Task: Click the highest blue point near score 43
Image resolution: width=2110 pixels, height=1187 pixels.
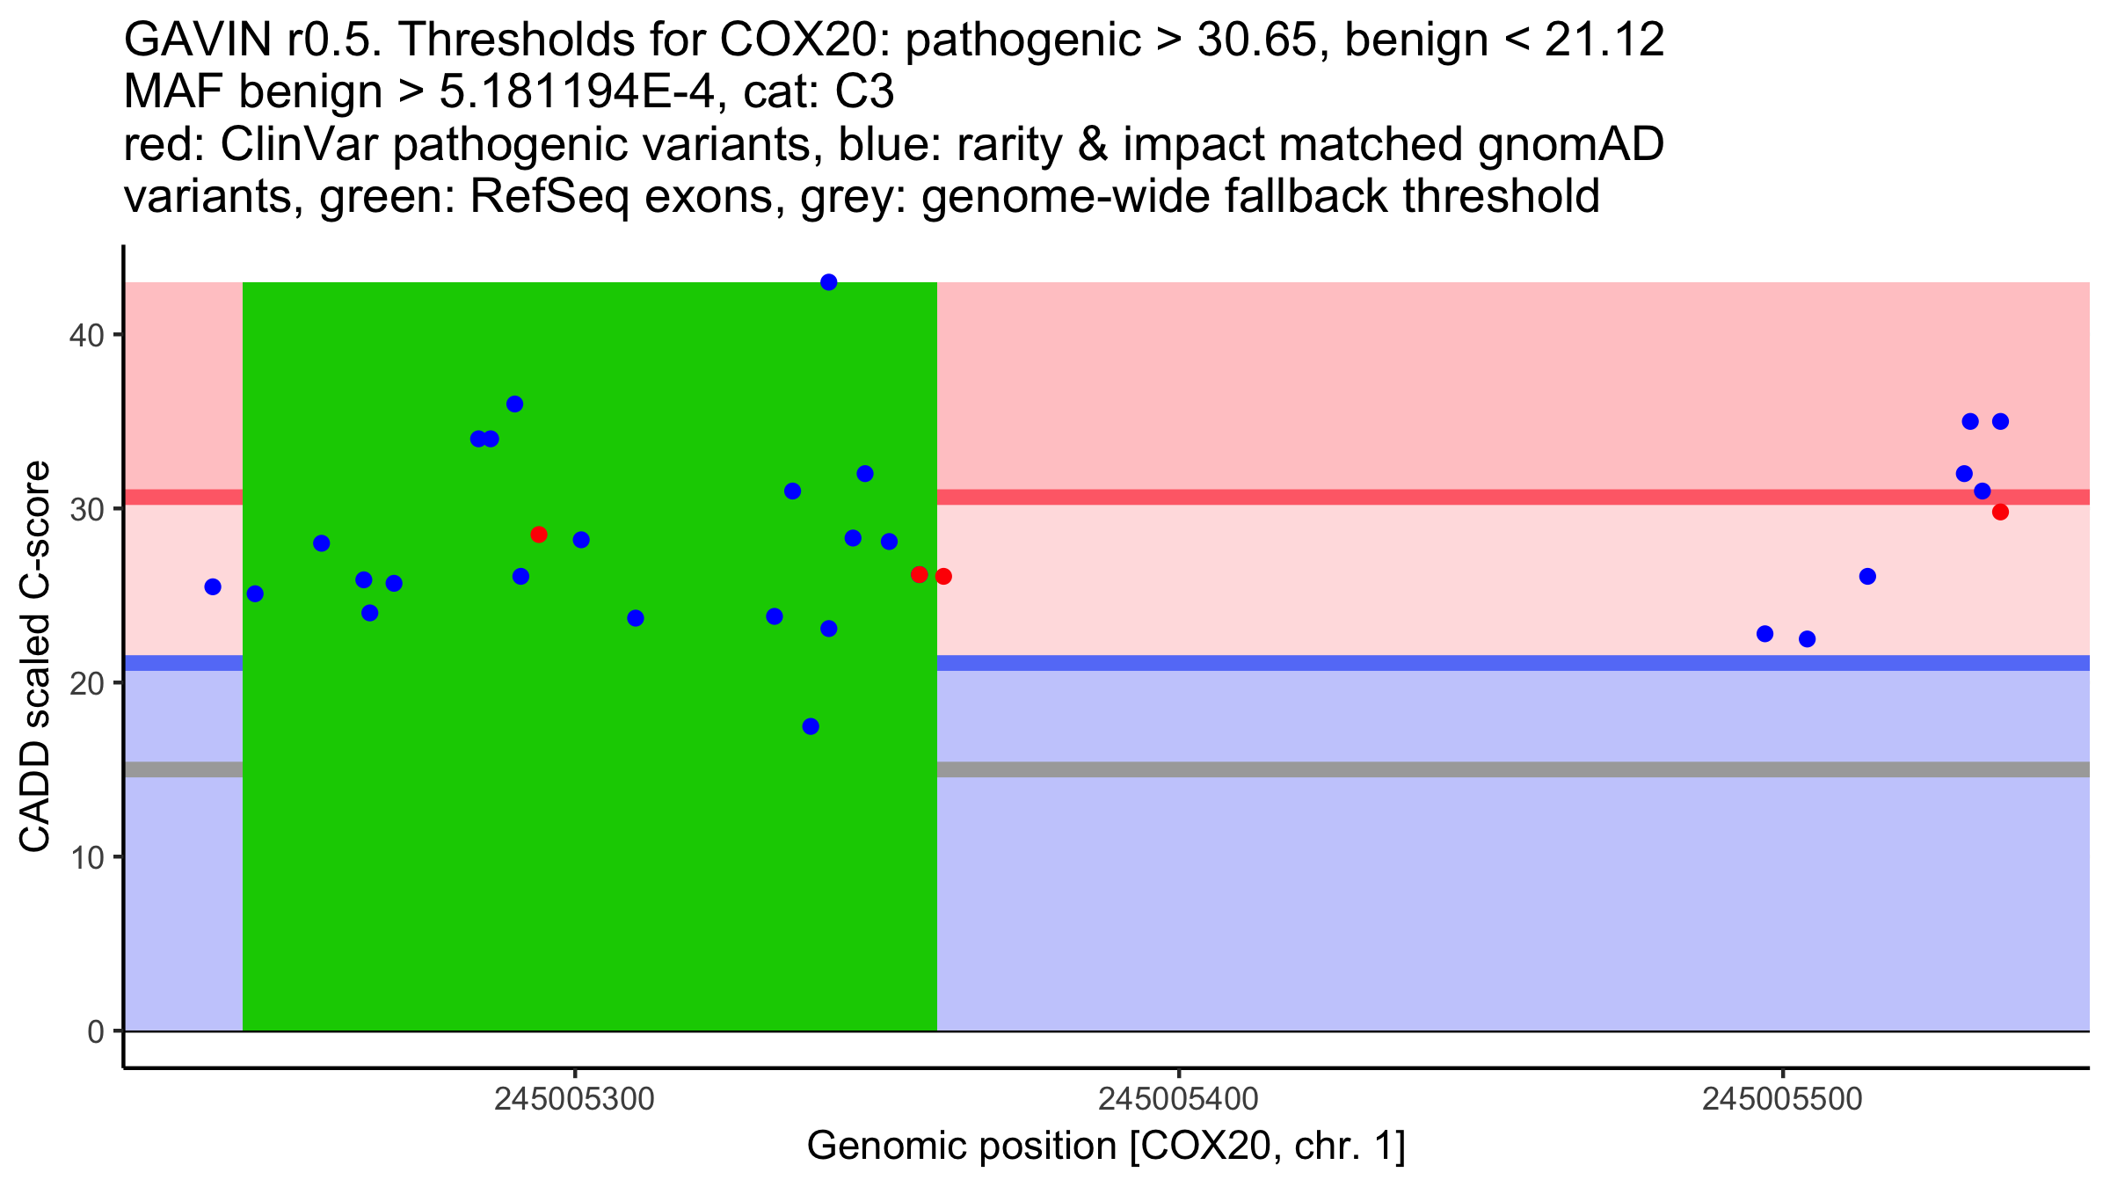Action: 828,282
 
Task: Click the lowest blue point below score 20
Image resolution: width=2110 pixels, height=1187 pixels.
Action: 811,726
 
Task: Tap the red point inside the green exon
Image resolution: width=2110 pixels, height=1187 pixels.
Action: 539,535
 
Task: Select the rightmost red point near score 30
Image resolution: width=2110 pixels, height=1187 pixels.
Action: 2000,512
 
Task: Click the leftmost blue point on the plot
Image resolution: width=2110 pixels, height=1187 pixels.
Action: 213,586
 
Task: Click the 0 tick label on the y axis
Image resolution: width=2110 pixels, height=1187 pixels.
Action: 95,1031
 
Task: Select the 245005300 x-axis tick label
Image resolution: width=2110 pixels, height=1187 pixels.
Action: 574,1099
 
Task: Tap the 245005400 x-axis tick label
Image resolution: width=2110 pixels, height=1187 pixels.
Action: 1178,1099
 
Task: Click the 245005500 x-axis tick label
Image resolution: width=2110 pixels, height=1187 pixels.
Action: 1782,1099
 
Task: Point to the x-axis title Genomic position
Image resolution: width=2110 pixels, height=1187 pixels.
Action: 1106,1147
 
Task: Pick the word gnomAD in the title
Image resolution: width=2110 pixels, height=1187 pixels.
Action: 1570,144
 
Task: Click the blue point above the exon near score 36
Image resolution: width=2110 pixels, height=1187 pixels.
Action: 514,404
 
